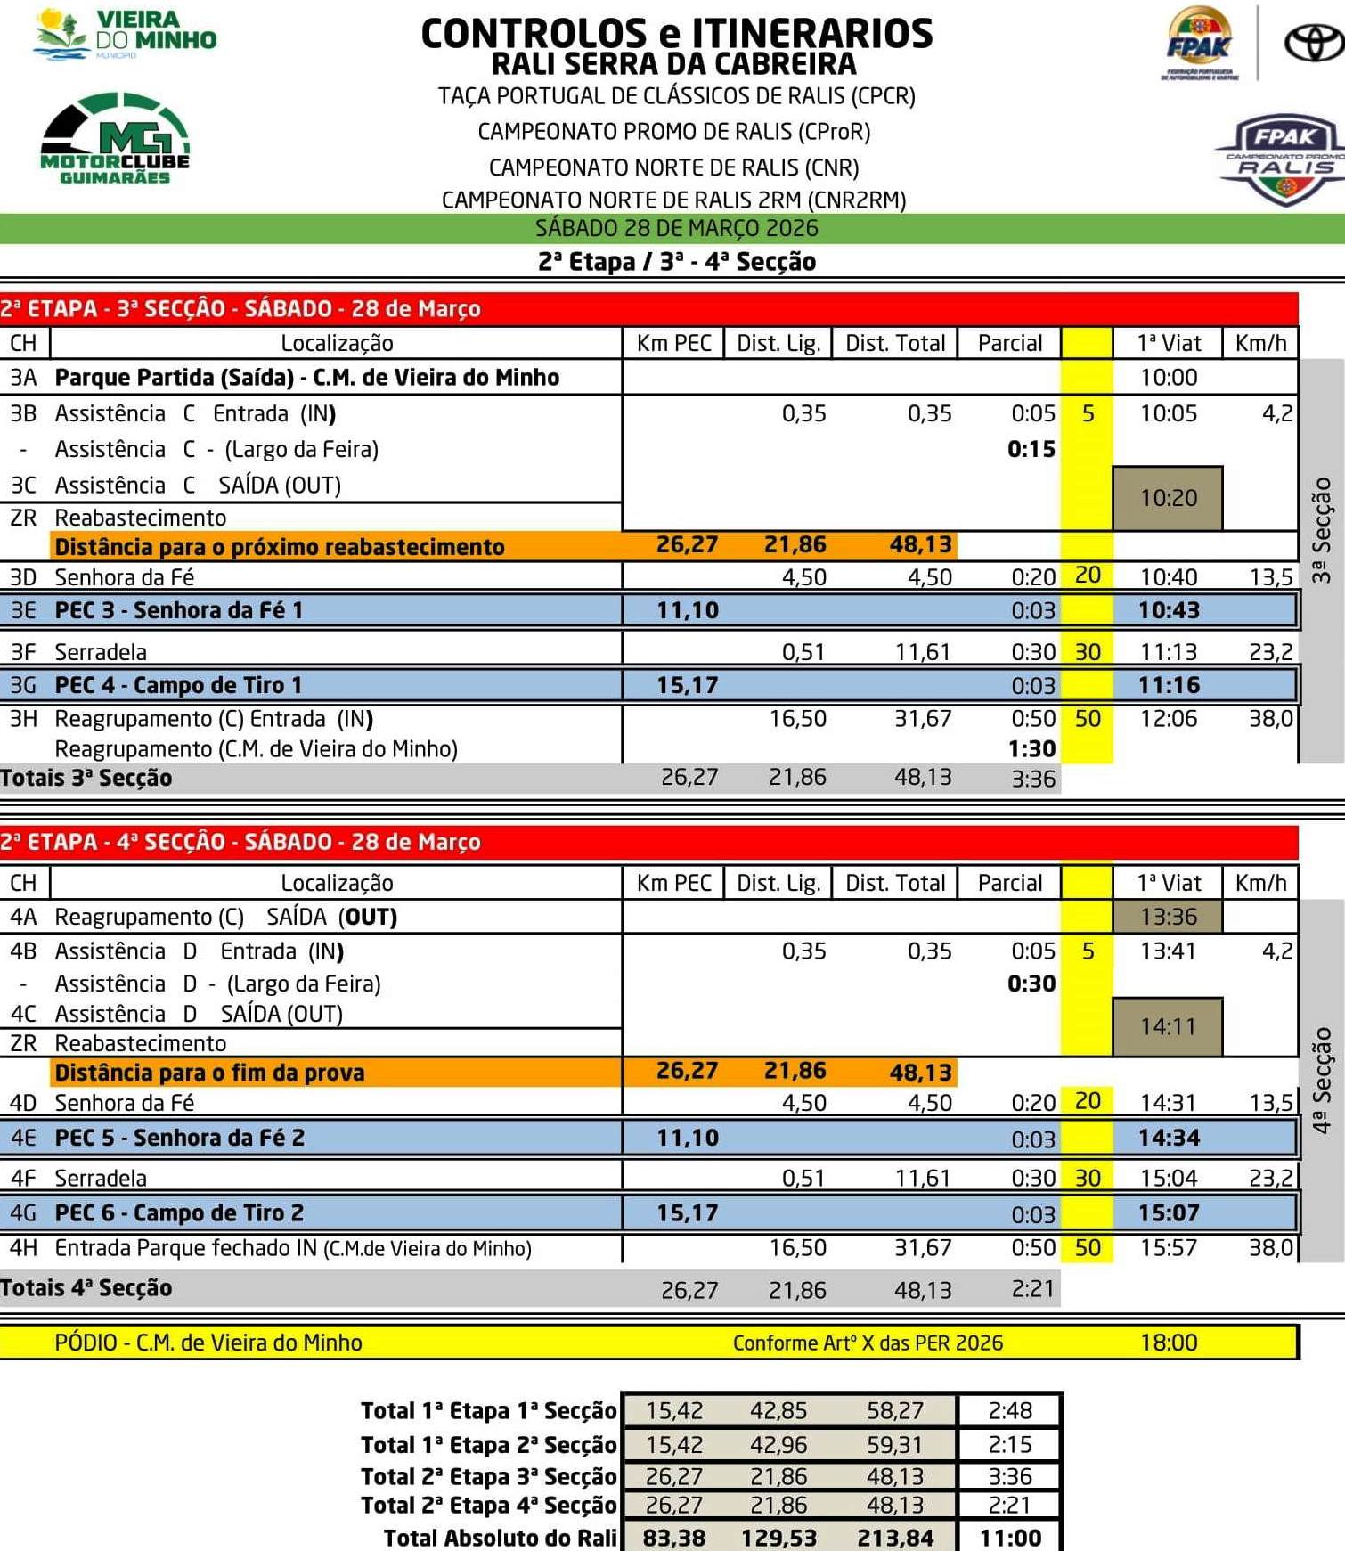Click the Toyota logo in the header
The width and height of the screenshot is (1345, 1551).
(1314, 43)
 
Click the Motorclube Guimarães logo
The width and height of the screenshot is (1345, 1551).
(115, 139)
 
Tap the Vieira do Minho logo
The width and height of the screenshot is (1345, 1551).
(125, 34)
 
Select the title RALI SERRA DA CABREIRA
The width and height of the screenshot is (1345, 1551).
(674, 64)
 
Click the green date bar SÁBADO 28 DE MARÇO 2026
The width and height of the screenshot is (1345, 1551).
(676, 229)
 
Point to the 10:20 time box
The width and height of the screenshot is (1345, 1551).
(1168, 498)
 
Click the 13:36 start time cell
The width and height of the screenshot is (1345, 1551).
(1168, 917)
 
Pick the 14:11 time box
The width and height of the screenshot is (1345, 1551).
(1168, 1027)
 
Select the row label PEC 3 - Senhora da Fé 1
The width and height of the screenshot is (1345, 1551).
(179, 611)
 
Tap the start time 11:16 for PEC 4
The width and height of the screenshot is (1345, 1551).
(1169, 685)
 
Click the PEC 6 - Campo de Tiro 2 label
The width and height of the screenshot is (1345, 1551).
(179, 1213)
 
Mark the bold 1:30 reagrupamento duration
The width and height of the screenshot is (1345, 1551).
(1031, 749)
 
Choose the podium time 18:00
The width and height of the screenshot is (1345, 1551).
(1169, 1343)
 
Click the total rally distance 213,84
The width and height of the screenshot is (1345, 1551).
(895, 1538)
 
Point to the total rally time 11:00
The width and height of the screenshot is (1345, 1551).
(1010, 1538)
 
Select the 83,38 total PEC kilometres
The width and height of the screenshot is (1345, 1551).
(674, 1538)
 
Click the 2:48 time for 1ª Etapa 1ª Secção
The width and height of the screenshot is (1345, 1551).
(1010, 1411)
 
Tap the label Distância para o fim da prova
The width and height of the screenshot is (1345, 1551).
(210, 1073)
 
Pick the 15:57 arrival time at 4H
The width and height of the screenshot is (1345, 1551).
(1169, 1248)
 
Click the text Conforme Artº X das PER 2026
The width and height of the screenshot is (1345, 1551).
(868, 1343)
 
